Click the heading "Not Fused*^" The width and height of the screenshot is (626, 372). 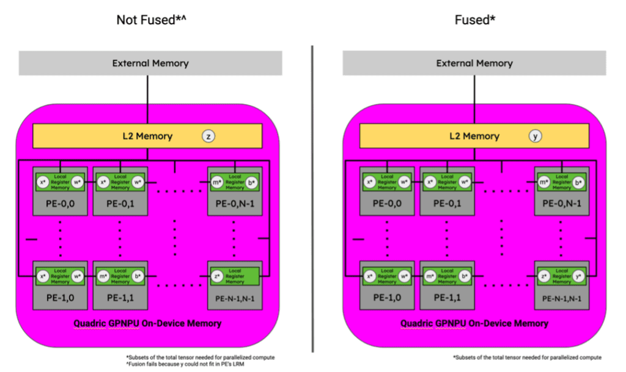pyautogui.click(x=151, y=20)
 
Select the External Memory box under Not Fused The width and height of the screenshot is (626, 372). pyautogui.click(x=150, y=63)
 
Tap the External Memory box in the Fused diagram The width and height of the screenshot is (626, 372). pyautogui.click(x=474, y=63)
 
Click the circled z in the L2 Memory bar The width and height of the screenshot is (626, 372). pyautogui.click(x=208, y=137)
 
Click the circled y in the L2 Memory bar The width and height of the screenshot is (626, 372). pyautogui.click(x=536, y=137)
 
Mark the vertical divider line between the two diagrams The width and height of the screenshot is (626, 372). pyautogui.click(x=312, y=195)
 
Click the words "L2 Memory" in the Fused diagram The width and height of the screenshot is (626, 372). pyautogui.click(x=474, y=136)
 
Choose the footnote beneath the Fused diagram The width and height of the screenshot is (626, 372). pyautogui.click(x=527, y=357)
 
